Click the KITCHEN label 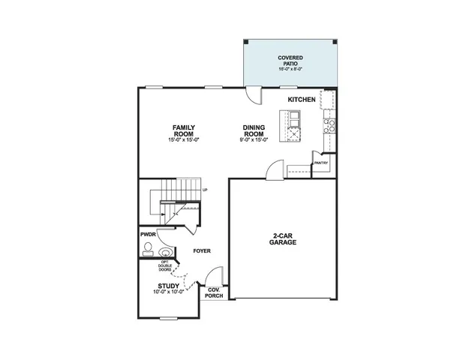(x=301, y=98)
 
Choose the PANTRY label (x=321, y=163)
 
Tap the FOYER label (x=201, y=250)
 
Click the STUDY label (x=167, y=285)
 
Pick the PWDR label (x=147, y=235)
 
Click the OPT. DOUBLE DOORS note (x=167, y=265)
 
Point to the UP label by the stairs (x=205, y=190)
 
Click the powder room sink (x=164, y=253)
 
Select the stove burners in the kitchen (x=327, y=125)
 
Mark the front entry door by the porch (x=216, y=276)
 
